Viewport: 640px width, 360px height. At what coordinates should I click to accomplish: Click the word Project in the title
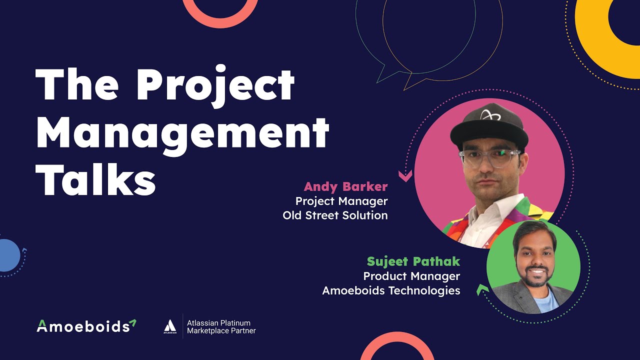click(214, 85)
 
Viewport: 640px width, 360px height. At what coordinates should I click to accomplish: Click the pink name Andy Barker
click(345, 187)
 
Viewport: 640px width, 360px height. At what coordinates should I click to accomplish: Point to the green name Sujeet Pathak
click(413, 261)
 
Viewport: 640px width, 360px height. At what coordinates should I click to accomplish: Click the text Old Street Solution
click(335, 215)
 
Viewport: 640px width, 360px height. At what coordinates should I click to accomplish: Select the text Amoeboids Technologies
click(391, 290)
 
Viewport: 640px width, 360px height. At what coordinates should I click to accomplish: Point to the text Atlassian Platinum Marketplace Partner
click(221, 327)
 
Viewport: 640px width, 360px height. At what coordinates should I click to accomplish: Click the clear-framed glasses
click(489, 158)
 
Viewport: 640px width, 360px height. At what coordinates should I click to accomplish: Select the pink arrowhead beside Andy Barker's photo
click(405, 175)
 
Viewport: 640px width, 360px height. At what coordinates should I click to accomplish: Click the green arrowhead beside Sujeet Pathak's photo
click(482, 289)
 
